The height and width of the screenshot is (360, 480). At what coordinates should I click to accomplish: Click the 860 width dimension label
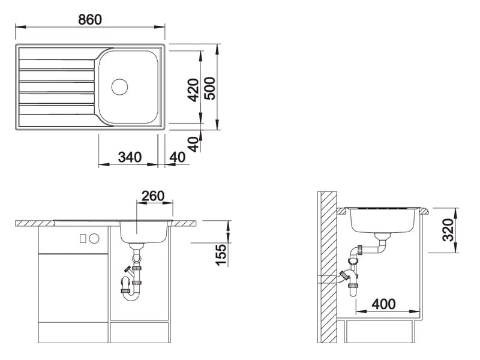[89, 20]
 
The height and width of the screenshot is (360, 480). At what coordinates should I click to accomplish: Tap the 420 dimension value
[193, 90]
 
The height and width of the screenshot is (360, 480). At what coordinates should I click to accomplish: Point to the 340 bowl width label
[130, 157]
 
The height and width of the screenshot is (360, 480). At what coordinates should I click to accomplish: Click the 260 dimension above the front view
[153, 196]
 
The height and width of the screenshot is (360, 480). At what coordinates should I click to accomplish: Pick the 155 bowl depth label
[221, 254]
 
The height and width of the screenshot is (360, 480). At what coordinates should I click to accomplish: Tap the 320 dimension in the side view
[448, 230]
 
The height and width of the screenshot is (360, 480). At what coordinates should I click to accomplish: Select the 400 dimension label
[383, 304]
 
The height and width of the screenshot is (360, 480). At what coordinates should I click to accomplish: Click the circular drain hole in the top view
[119, 86]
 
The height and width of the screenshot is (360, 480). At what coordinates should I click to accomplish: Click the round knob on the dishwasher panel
[94, 238]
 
